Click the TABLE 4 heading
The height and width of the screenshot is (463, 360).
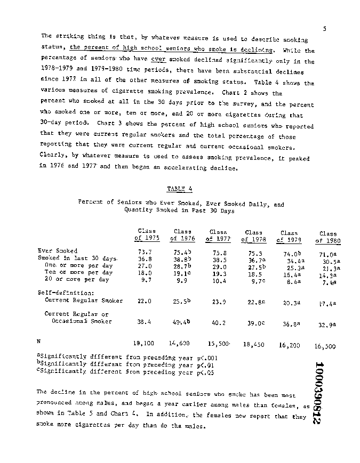179,189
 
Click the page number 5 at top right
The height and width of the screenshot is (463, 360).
324,28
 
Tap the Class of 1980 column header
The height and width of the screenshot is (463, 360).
328,237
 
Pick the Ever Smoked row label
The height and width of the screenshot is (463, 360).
58,250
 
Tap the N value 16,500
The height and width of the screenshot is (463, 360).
325,346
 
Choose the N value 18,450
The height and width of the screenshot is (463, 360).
253,345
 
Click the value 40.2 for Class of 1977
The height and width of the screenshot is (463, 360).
219,322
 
